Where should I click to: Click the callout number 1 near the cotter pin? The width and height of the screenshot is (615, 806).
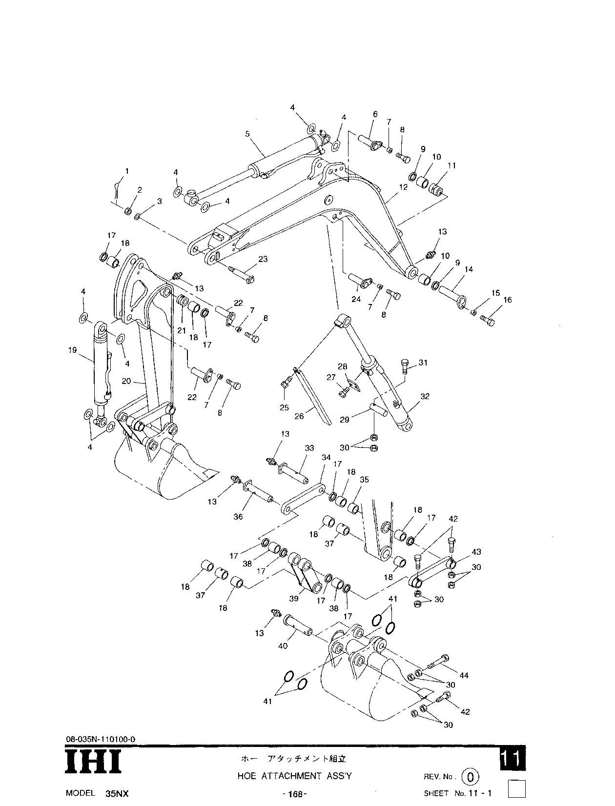127,171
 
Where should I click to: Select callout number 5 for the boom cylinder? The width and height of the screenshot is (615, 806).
247,133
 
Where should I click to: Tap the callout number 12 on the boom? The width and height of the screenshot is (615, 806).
403,186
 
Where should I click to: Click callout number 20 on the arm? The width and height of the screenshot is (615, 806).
126,381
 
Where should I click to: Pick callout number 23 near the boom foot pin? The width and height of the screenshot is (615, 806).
263,260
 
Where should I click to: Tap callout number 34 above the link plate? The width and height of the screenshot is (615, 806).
326,457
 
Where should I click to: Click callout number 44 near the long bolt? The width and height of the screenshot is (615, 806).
464,675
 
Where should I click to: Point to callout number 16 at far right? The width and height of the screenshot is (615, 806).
507,300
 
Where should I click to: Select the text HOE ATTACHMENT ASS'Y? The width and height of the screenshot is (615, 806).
294,776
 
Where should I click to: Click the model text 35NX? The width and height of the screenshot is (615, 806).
117,793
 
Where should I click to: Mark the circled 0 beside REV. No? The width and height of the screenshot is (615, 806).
470,776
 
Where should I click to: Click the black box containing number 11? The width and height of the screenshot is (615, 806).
512,759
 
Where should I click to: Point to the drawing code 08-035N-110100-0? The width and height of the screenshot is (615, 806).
101,740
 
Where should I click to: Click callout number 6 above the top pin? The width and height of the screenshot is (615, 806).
375,114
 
